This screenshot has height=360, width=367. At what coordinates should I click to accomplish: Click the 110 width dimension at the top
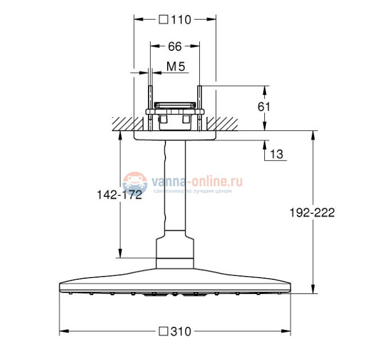[181, 20]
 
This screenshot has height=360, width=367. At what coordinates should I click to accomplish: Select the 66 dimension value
[175, 47]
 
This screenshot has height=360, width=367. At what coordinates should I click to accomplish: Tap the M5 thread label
[176, 67]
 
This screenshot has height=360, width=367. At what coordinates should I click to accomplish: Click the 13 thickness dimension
[277, 153]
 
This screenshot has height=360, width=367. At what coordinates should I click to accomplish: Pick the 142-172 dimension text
[119, 195]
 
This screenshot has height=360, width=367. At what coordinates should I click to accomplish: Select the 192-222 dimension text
[312, 213]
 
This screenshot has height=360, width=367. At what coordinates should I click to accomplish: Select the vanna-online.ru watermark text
[196, 182]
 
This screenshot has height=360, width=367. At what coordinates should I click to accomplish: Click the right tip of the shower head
[290, 286]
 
